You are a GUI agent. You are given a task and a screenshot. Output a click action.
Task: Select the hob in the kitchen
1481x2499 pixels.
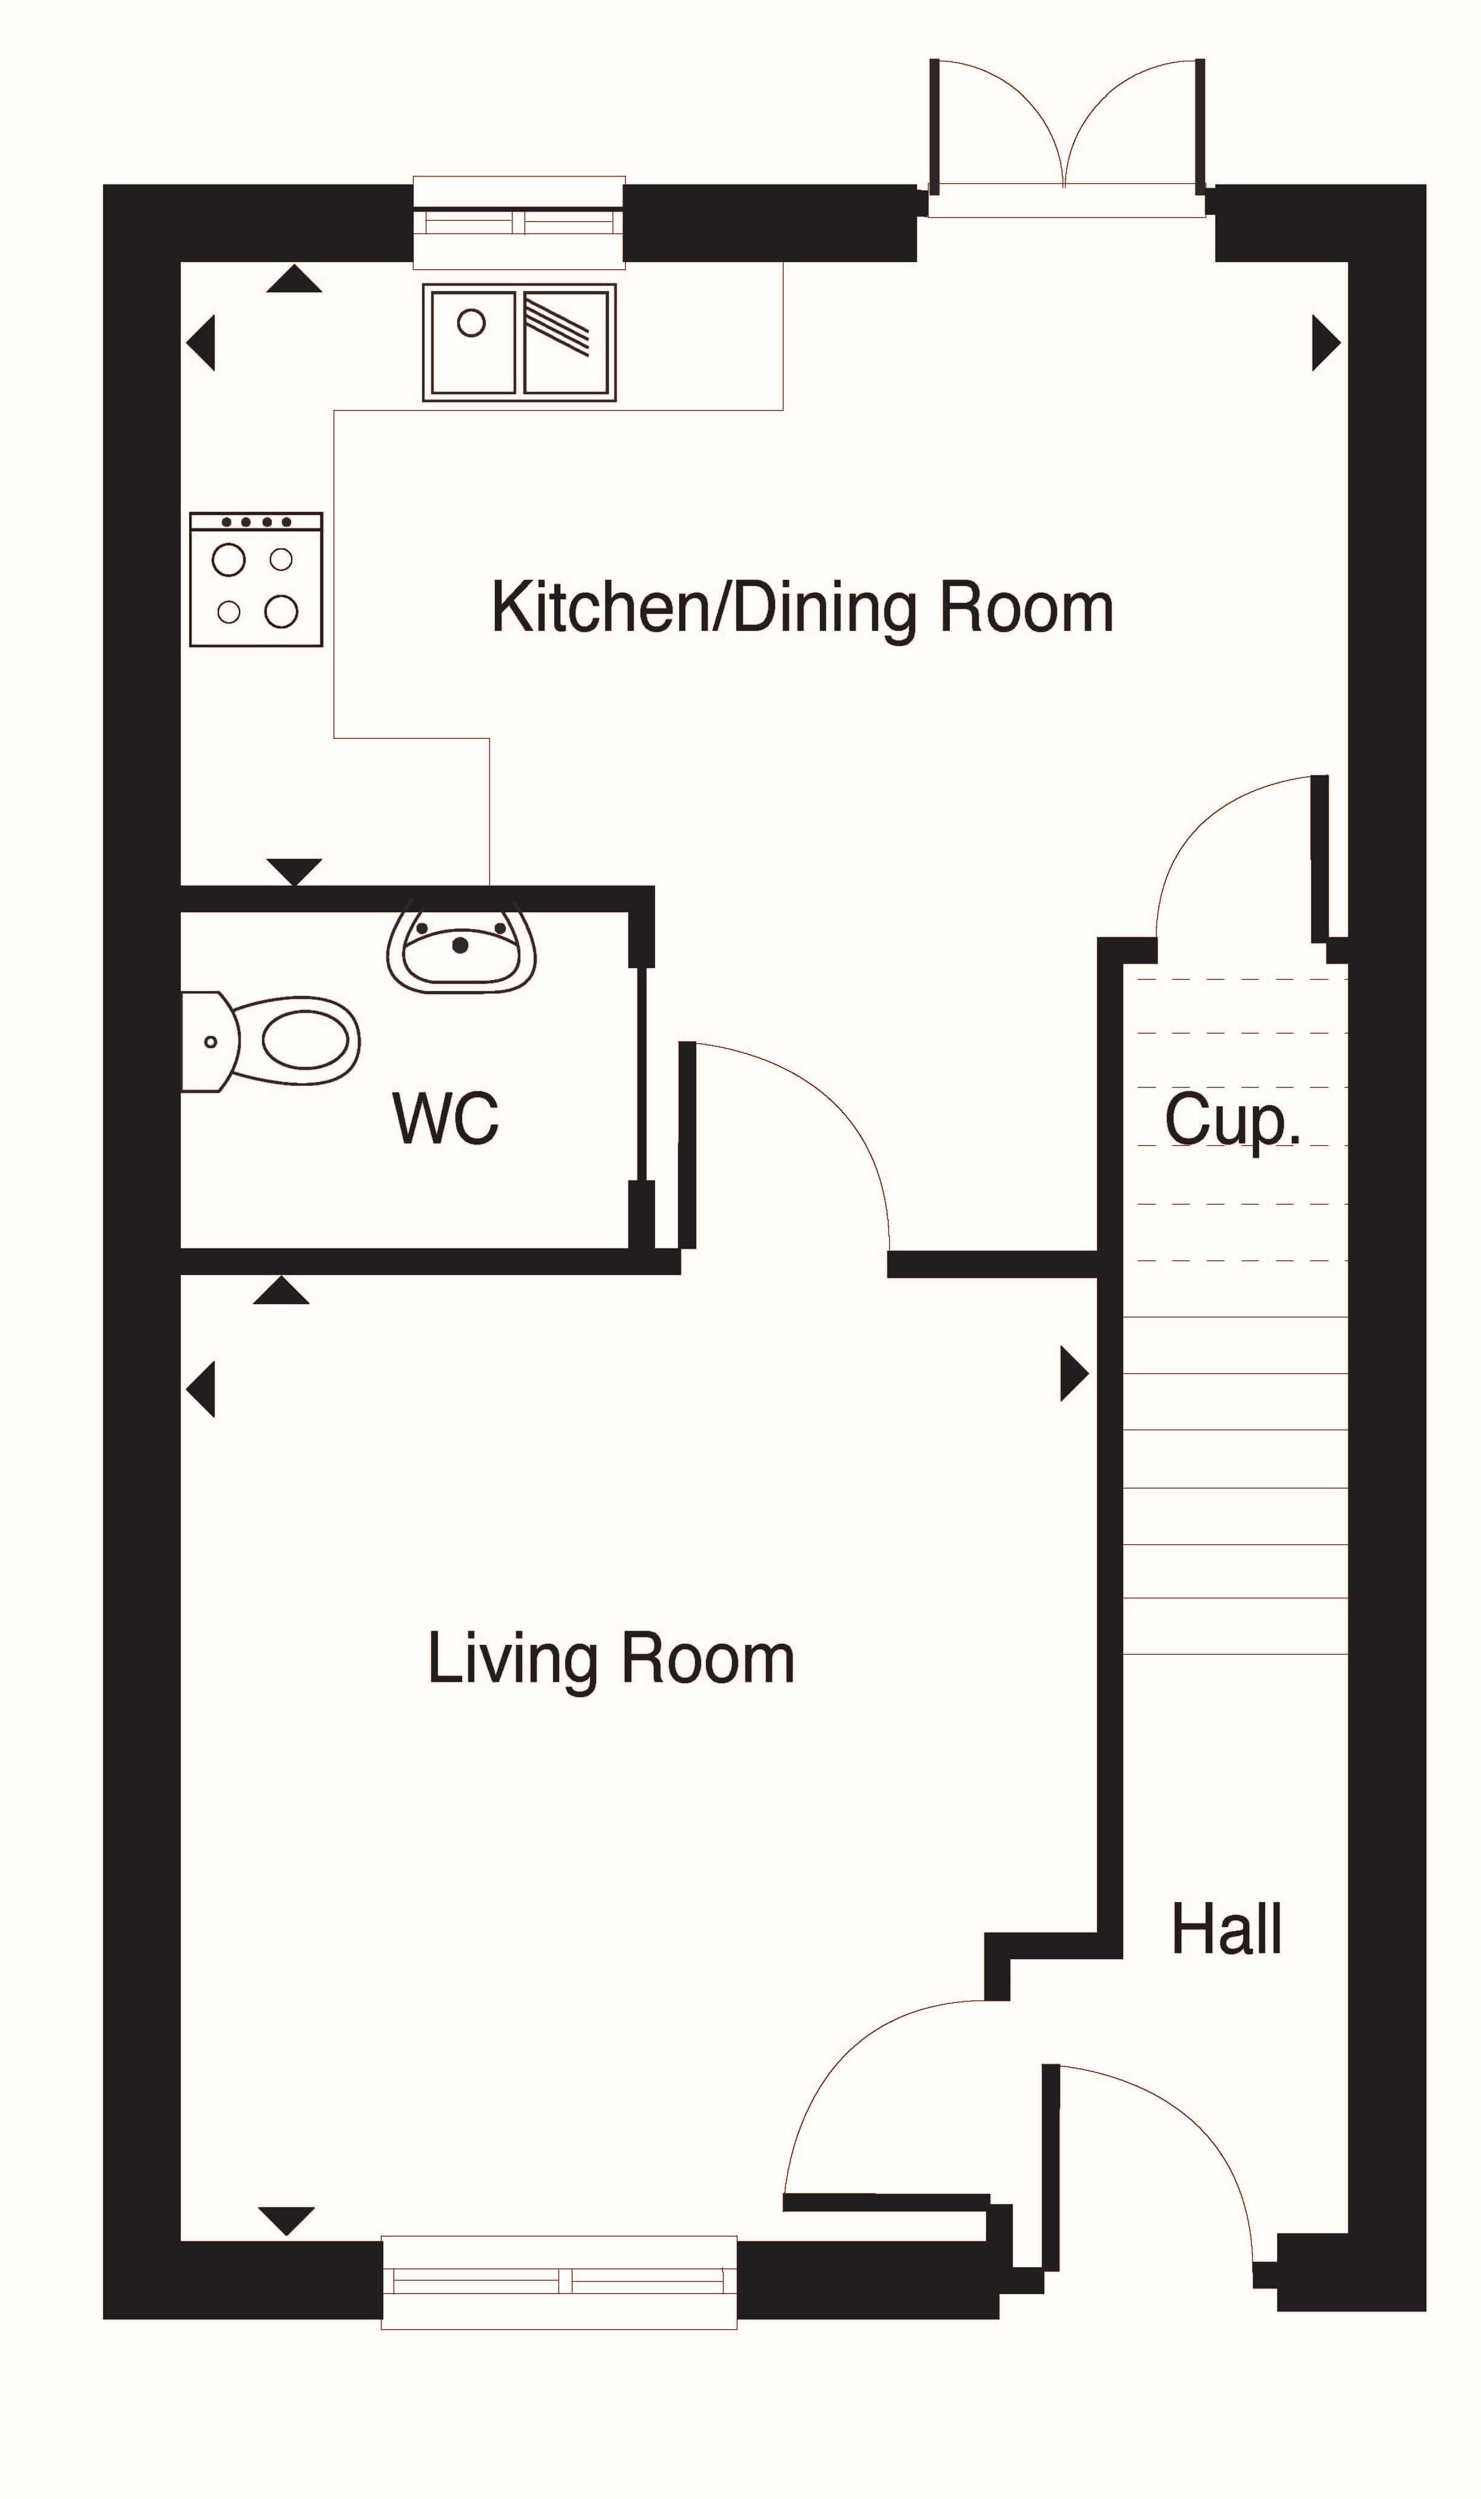click(255, 580)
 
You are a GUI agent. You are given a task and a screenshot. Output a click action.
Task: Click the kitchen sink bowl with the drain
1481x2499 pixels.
click(472, 342)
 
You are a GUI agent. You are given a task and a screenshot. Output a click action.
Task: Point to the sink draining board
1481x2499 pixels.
click(566, 342)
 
